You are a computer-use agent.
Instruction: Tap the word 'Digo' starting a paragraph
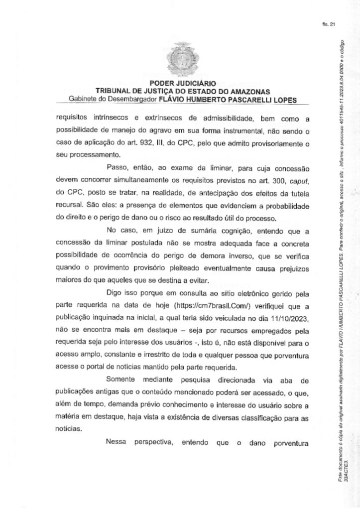pos(115,292)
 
